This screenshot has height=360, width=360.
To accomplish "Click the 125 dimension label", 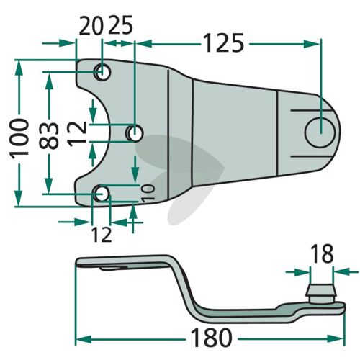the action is point(223,43).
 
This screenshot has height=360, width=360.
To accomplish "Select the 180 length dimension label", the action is point(212,338).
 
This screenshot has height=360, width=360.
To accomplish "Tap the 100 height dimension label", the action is point(19,138).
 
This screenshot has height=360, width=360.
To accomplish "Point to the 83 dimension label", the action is point(49,135).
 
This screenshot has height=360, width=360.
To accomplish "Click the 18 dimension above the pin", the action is point(322,253).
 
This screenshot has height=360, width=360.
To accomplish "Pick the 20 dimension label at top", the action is point(91,25).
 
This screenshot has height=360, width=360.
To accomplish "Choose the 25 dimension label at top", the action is point(120,25).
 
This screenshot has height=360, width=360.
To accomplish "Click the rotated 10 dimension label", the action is point(148,193).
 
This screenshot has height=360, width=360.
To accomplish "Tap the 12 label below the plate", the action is point(102,235).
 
